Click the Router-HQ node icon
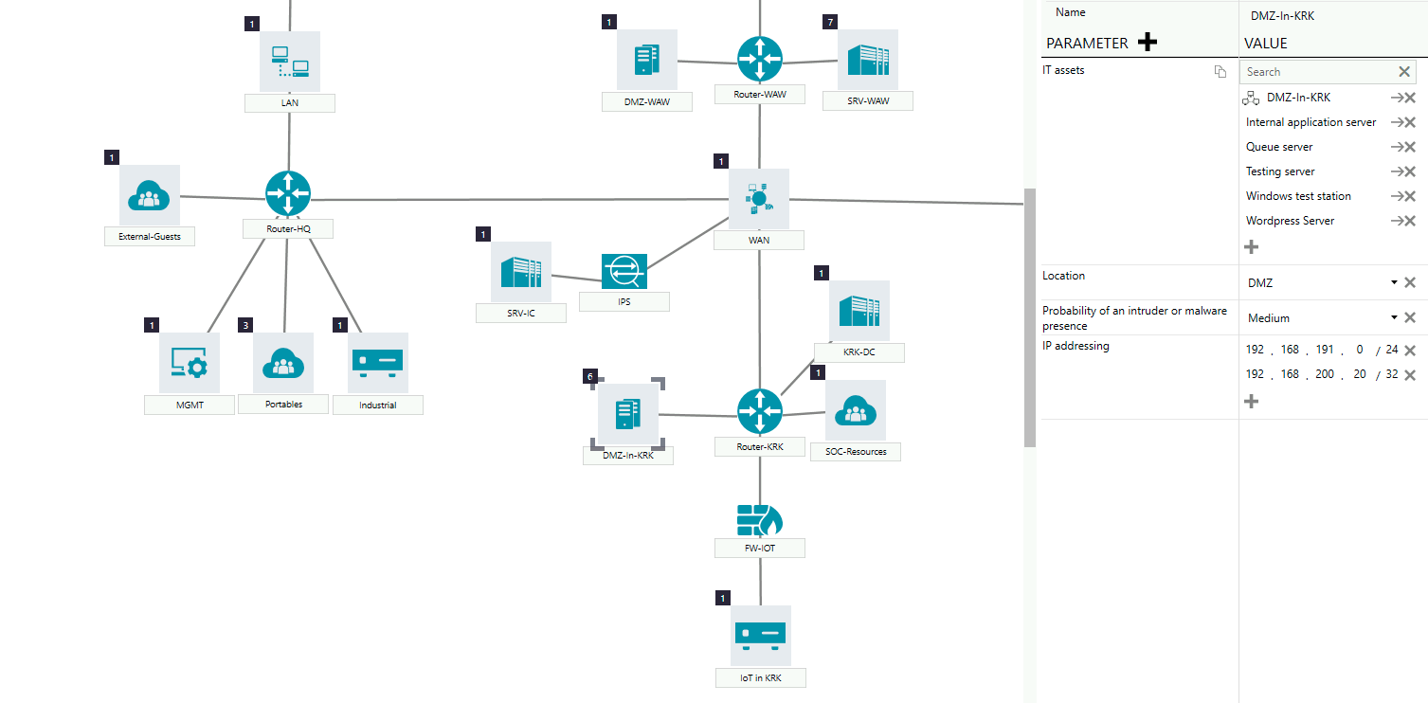pyautogui.click(x=288, y=193)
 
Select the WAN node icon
pyautogui.click(x=758, y=199)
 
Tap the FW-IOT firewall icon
pyautogui.click(x=759, y=519)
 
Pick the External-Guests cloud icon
pyautogui.click(x=149, y=196)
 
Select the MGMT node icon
pyautogui.click(x=189, y=363)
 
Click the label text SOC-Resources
pyautogui.click(x=855, y=452)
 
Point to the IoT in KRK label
pyautogui.click(x=760, y=678)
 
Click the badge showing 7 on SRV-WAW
pyautogui.click(x=831, y=22)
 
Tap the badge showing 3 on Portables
pyautogui.click(x=245, y=325)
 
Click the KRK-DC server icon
pyautogui.click(x=859, y=311)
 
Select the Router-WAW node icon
pyautogui.click(x=760, y=59)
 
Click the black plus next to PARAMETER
pyautogui.click(x=1148, y=43)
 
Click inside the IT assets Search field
pyautogui.click(x=1317, y=72)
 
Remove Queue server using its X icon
pyautogui.click(x=1409, y=147)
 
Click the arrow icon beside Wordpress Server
pyautogui.click(x=1397, y=221)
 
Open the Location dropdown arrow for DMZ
pyautogui.click(x=1394, y=282)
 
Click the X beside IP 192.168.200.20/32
pyautogui.click(x=1409, y=375)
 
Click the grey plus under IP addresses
pyautogui.click(x=1251, y=401)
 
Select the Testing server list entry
pyautogui.click(x=1280, y=171)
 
